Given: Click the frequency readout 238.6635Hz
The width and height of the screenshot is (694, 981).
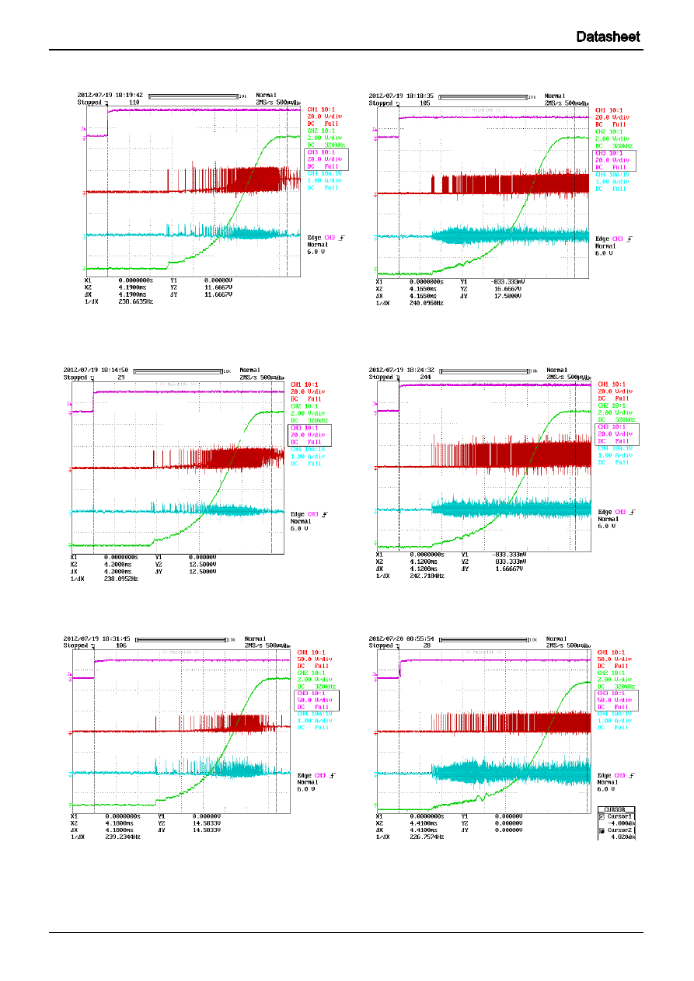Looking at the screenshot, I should pyautogui.click(x=136, y=301).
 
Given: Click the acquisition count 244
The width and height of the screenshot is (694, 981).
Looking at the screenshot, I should pyautogui.click(x=425, y=377).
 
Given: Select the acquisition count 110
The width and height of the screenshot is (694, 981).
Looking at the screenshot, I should pyautogui.click(x=134, y=102).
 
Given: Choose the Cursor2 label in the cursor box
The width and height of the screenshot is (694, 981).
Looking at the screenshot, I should pyautogui.click(x=621, y=830).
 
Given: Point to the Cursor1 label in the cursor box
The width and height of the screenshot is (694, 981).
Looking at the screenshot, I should pyautogui.click(x=621, y=817).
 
